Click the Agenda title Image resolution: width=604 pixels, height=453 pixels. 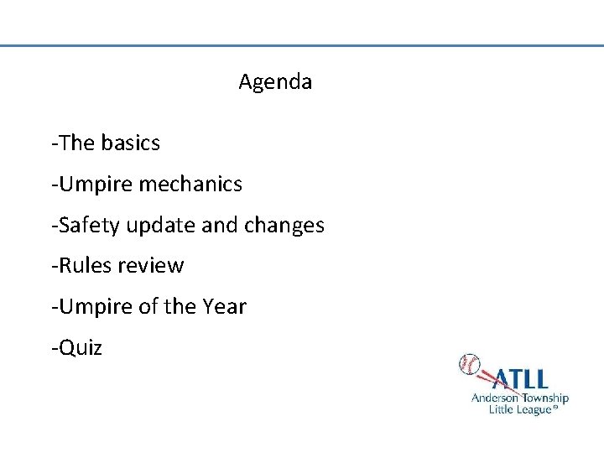[275, 82]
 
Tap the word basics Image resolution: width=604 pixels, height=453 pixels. [130, 143]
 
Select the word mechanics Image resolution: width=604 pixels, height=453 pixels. [190, 184]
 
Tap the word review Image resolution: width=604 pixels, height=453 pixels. [150, 266]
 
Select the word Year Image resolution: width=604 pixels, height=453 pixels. [224, 307]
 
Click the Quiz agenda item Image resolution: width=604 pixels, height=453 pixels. [79, 347]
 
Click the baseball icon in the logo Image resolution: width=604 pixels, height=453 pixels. [469, 365]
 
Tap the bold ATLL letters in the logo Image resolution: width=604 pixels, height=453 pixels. [520, 379]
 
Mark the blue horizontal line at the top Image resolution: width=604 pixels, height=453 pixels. [302, 45]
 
